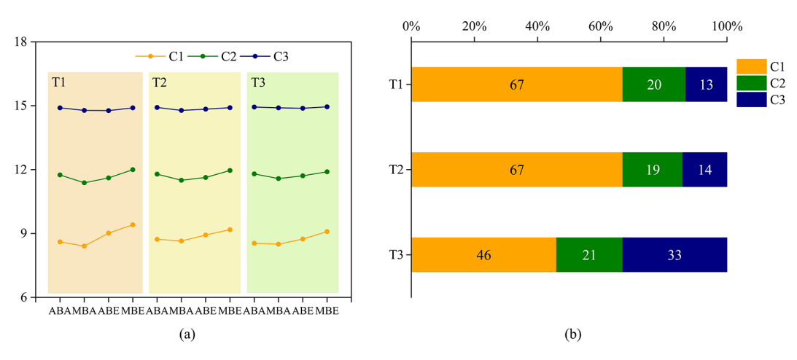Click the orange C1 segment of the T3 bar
click(x=483, y=254)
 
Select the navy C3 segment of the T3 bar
click(x=674, y=254)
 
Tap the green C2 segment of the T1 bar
click(x=653, y=85)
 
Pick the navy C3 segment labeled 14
click(x=704, y=170)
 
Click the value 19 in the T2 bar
click(x=652, y=170)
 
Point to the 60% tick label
click(x=600, y=26)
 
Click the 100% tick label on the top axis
click(x=726, y=26)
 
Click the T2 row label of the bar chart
click(x=397, y=170)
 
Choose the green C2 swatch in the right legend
click(x=752, y=84)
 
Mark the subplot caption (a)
click(x=187, y=334)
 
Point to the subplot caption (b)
click(x=573, y=334)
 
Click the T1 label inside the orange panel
click(x=58, y=82)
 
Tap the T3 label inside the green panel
click(x=258, y=82)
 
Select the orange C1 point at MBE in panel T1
click(x=133, y=224)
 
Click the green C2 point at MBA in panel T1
click(x=84, y=183)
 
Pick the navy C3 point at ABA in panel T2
click(x=157, y=107)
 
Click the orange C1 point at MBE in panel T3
click(x=327, y=232)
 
